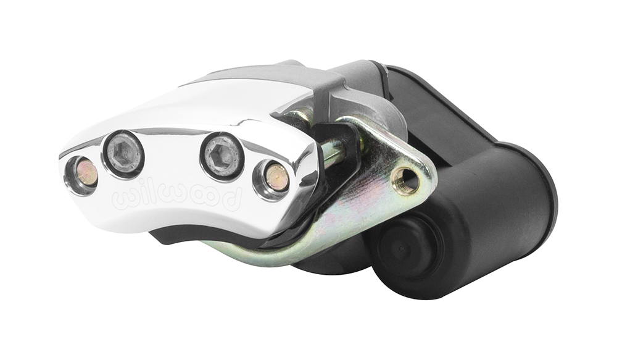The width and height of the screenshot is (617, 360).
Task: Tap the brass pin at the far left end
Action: [x=86, y=174]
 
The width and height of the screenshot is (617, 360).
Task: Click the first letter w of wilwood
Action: [x=125, y=198]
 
